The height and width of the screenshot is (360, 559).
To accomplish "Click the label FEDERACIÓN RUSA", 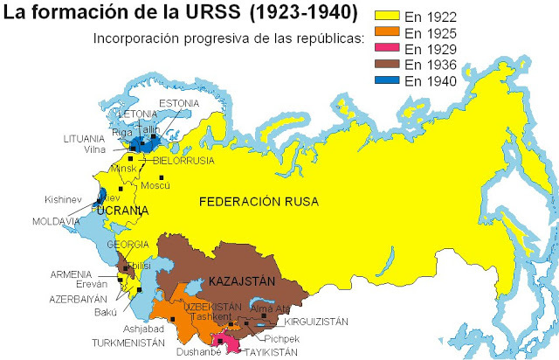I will (259, 202).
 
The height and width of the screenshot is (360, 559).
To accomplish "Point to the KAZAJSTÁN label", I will (241, 281).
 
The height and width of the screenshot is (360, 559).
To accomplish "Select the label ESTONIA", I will (178, 103).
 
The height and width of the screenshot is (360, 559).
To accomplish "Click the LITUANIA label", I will (85, 139).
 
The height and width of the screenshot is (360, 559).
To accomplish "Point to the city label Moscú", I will (155, 185).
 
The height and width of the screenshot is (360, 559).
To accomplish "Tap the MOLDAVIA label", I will (56, 222).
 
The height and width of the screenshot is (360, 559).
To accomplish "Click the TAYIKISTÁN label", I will (268, 351).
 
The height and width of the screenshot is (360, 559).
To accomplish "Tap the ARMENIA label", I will (71, 274).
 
